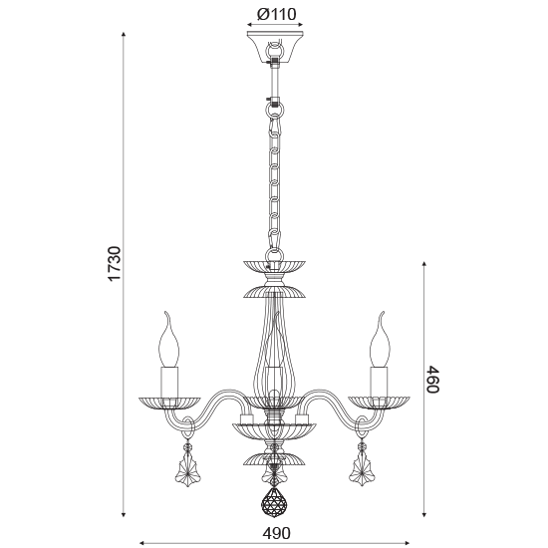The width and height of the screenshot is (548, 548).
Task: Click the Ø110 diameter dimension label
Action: tap(274, 14)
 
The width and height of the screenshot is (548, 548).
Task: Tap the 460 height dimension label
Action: tap(432, 379)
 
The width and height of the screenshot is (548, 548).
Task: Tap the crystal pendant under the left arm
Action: tap(185, 466)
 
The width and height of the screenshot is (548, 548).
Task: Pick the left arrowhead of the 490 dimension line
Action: tap(140, 543)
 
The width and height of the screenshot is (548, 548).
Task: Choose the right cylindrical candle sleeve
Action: tap(381, 381)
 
